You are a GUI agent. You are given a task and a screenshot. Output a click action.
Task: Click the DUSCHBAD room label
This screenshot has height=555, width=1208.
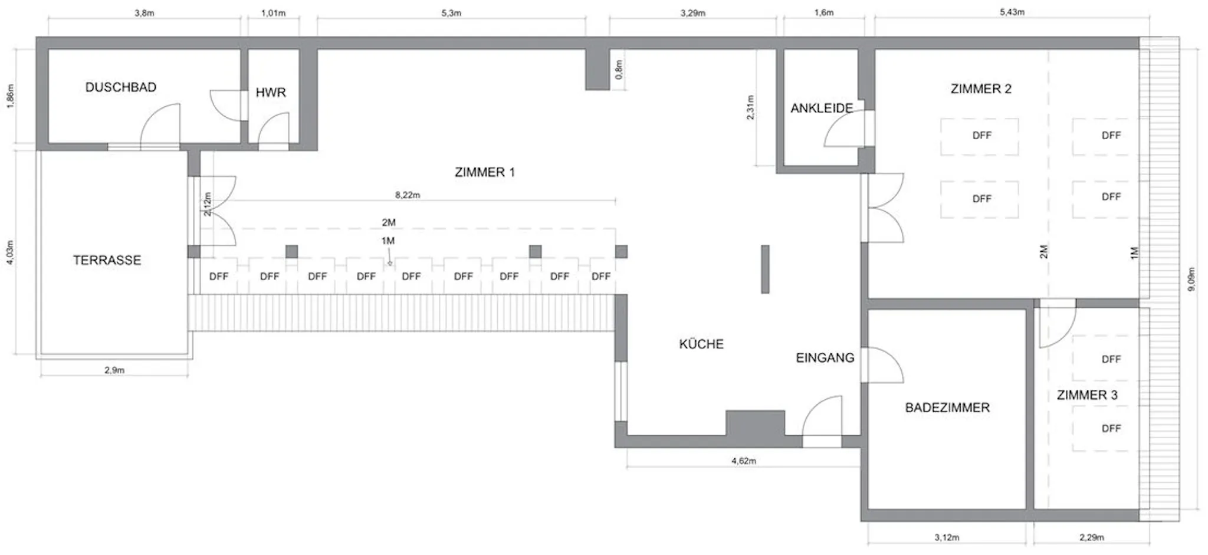coord(121,87)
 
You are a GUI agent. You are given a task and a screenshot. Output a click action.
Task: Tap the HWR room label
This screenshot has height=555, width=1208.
coord(271,93)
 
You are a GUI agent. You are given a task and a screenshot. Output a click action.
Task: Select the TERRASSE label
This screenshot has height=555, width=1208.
coord(107,260)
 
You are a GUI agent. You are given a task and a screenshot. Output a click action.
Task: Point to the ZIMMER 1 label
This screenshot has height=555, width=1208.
coord(485,172)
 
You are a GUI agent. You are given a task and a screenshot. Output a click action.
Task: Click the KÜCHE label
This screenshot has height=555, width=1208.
coord(701,344)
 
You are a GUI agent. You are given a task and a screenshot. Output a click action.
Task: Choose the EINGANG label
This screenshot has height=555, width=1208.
coord(825,357)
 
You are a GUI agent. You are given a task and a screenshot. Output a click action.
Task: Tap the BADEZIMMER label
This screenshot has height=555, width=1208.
coord(947,408)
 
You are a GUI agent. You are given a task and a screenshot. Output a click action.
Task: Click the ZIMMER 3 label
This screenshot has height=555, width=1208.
coord(1087,395)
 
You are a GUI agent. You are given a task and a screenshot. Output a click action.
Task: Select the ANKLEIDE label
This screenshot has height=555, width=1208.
coord(822,109)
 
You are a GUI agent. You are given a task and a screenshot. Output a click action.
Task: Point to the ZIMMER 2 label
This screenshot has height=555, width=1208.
coord(981,89)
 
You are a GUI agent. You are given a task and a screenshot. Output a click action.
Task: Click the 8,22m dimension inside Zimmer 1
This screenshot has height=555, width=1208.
coord(408,195)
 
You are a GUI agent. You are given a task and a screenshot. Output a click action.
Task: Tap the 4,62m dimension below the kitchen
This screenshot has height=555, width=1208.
coord(744,461)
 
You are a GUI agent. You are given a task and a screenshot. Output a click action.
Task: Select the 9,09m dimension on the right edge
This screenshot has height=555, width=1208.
coord(1192,281)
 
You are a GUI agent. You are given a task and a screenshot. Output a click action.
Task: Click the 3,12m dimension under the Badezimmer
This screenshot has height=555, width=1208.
coord(947,537)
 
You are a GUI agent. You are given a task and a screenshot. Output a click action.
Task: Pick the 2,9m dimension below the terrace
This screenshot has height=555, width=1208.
coord(114,370)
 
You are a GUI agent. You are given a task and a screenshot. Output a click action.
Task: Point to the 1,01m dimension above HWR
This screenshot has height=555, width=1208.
coord(273,13)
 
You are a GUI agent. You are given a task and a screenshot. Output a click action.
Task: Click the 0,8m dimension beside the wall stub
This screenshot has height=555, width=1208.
coord(619,70)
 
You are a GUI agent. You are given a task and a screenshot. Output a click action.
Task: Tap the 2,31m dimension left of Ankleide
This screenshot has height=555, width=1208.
coord(750,107)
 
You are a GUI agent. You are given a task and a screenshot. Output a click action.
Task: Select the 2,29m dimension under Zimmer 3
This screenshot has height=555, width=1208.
coord(1092,537)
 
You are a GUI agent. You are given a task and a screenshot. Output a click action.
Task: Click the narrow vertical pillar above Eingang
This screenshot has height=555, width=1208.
coord(765,269)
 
